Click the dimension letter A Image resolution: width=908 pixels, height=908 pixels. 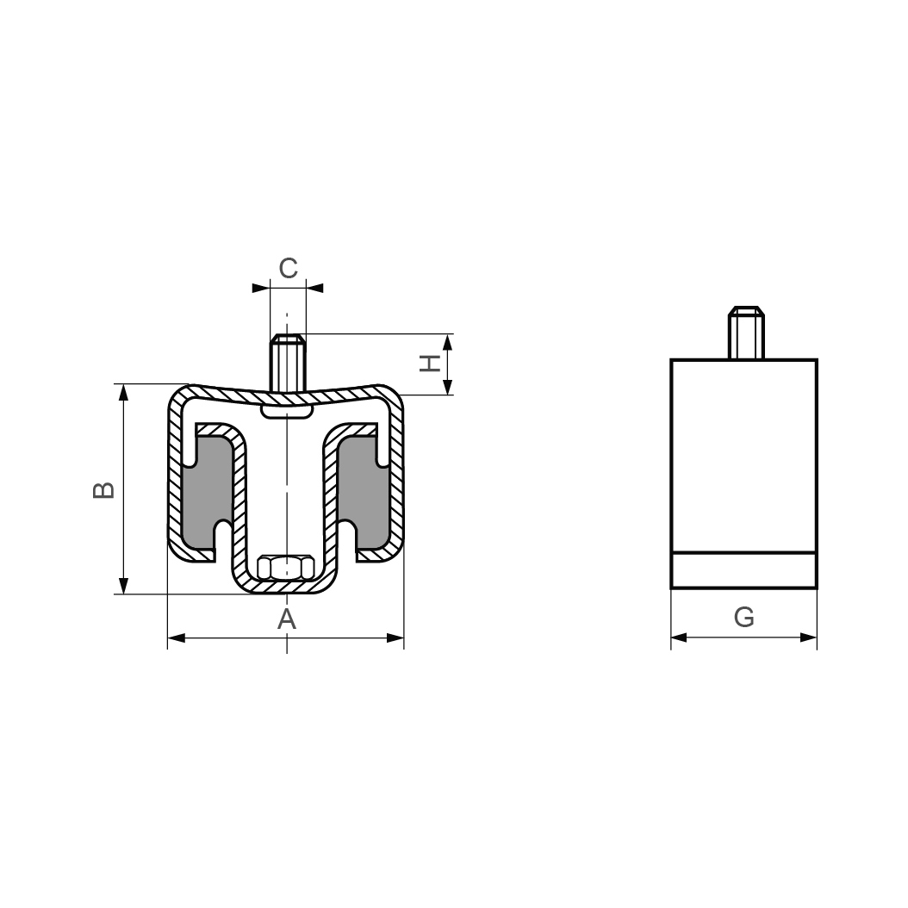click(287, 619)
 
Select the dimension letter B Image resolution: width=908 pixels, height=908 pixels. click(103, 490)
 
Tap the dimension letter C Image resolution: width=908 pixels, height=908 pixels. click(288, 268)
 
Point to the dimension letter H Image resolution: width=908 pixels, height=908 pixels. click(430, 364)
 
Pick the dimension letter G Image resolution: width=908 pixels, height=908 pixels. click(743, 618)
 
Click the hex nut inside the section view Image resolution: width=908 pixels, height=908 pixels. click(286, 568)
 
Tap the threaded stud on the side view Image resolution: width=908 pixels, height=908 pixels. click(746, 333)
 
